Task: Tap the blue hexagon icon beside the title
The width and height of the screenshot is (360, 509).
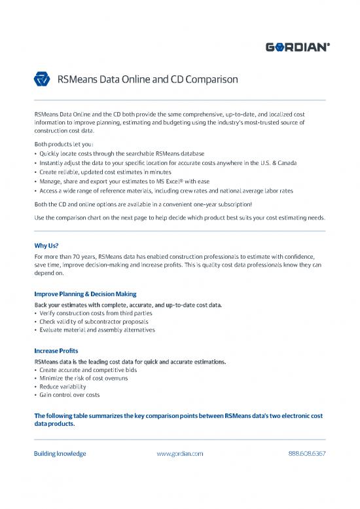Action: pyautogui.click(x=42, y=81)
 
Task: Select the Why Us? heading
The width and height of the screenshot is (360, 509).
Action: pyautogui.click(x=46, y=246)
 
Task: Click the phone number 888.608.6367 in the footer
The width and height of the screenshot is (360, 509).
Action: pyautogui.click(x=307, y=453)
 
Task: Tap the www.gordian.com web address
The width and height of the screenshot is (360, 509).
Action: pyautogui.click(x=180, y=453)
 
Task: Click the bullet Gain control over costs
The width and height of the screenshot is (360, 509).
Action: pyautogui.click(x=70, y=395)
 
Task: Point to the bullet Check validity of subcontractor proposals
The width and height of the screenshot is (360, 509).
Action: pyautogui.click(x=94, y=322)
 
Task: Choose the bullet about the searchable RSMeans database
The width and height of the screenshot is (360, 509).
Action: pyautogui.click(x=121, y=153)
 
